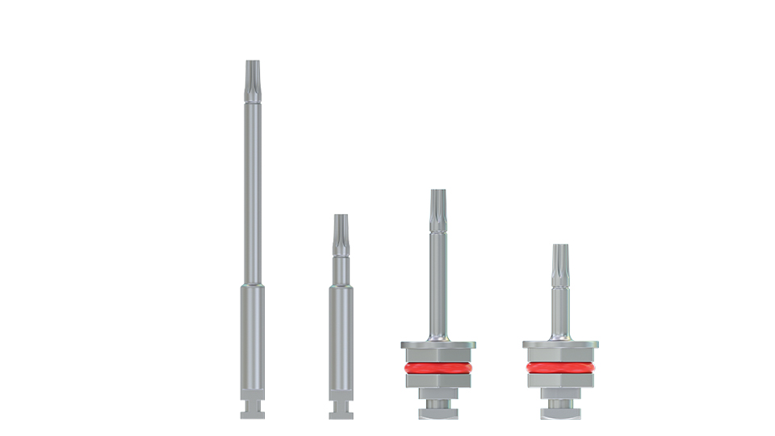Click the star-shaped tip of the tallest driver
253,77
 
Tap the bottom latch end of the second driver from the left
341,410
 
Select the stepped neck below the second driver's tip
341,266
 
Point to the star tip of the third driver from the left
438,205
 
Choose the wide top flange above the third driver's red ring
438,345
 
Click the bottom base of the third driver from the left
438,413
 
